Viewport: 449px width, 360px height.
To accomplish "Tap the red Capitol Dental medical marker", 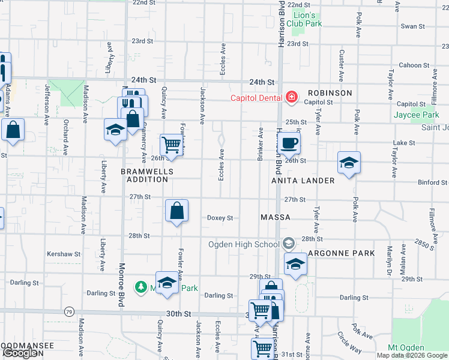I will click(291, 97).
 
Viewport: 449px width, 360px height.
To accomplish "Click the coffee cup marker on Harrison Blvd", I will click(289, 143).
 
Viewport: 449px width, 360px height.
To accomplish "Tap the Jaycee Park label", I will click(417, 115).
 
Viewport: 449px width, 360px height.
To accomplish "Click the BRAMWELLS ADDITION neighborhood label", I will click(147, 175).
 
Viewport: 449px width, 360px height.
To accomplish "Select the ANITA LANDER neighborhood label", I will click(303, 181).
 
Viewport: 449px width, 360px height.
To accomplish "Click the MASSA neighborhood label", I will click(276, 217).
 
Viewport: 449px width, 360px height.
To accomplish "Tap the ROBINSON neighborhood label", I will click(330, 93).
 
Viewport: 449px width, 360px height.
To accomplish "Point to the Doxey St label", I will click(220, 218).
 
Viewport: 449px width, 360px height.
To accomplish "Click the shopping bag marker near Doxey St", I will click(176, 211).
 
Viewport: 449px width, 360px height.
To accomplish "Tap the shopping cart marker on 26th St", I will click(172, 144).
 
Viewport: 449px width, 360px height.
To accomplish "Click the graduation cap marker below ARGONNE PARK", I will click(295, 265).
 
